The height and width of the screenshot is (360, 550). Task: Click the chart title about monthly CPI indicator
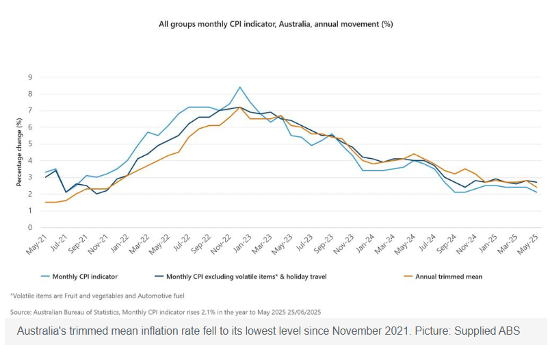275,23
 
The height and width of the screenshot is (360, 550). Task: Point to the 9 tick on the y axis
30,77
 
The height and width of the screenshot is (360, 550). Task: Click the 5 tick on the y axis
30,144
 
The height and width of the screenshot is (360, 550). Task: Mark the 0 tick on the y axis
30,228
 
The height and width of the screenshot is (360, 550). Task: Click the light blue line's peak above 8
239,88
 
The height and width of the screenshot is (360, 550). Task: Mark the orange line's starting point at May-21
45,203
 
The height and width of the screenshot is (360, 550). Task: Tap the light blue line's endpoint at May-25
536,193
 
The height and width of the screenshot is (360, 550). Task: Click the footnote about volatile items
97,295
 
